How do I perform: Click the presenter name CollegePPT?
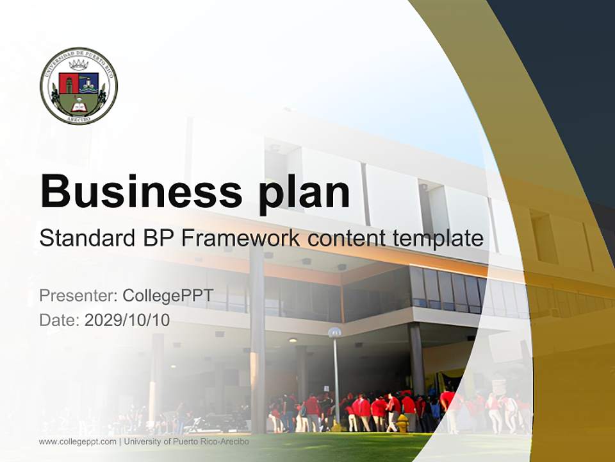pos(167,296)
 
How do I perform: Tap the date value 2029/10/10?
pos(127,320)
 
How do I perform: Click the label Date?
pos(60,320)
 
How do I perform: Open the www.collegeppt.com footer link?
pos(78,441)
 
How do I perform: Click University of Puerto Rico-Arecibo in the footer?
pos(186,441)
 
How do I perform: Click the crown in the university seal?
pos(78,65)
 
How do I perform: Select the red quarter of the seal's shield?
pos(68,82)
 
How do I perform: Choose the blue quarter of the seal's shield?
pos(88,82)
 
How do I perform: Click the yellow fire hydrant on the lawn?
pos(402,423)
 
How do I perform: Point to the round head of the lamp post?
pos(334,332)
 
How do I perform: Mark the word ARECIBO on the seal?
pos(79,118)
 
